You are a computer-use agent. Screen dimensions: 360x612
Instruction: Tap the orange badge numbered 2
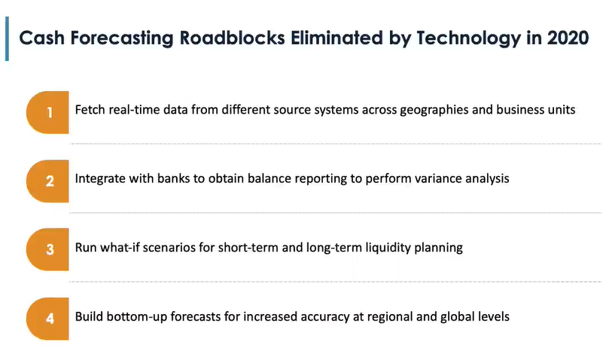pyautogui.click(x=47, y=181)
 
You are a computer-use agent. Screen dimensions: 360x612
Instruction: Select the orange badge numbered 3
pyautogui.click(x=47, y=249)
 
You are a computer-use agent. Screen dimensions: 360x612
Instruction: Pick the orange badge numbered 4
pyautogui.click(x=47, y=317)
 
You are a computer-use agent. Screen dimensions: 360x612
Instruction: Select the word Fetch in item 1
pyautogui.click(x=90, y=110)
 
